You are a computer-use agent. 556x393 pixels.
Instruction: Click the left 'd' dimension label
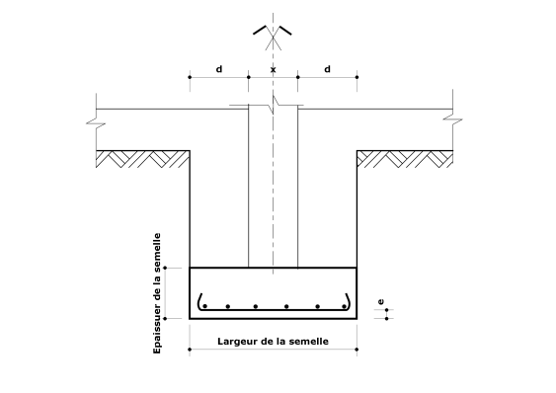point(218,68)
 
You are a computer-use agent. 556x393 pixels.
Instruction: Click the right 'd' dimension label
point(327,68)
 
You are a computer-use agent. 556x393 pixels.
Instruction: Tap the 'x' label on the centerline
point(273,69)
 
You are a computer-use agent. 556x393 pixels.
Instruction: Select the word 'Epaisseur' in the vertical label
point(157,327)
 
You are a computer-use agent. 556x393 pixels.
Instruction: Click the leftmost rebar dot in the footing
point(204,306)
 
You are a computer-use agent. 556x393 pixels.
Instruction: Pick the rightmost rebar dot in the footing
point(344,306)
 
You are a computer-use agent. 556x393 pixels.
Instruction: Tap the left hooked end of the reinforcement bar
point(200,300)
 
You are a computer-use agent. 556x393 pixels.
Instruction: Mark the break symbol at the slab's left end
point(95,123)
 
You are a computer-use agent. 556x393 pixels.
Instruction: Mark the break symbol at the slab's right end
point(453,123)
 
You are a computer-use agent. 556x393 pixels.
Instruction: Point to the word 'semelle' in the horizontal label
point(304,342)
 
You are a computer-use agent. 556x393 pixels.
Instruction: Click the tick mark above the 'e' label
point(386,309)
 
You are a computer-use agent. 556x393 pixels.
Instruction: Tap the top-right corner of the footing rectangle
point(356,268)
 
